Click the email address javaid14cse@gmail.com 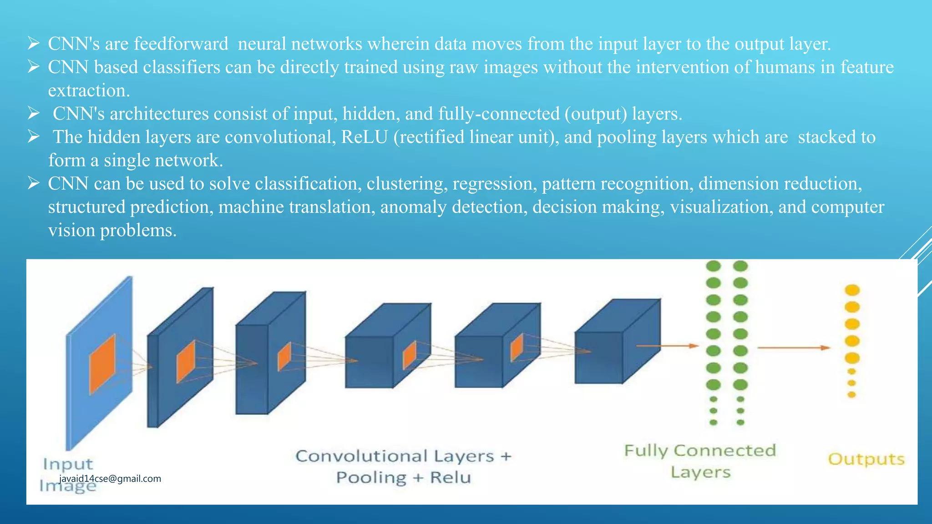coord(110,479)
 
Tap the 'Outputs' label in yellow coord(866,459)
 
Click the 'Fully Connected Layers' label coord(700,461)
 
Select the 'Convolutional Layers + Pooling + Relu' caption coord(403,467)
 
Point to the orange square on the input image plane coord(102,364)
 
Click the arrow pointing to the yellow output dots coord(794,348)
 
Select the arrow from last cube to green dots coord(667,346)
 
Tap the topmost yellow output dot coord(852,290)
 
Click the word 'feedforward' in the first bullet coord(181,44)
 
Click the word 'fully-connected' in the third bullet coord(499,114)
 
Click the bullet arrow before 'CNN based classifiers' coord(34,67)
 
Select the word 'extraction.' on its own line coord(89,91)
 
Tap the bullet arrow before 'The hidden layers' coord(34,137)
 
